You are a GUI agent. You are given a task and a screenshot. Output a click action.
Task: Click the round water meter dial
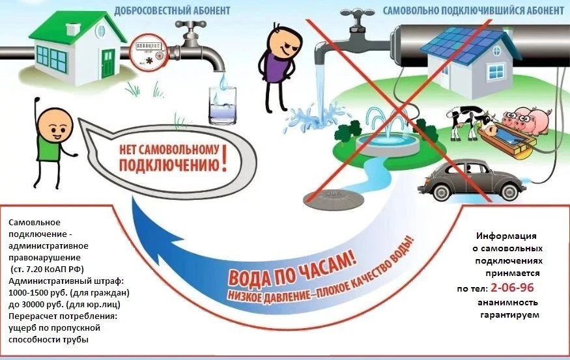[x=149, y=51]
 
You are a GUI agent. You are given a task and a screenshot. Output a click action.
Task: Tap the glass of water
[x=222, y=105]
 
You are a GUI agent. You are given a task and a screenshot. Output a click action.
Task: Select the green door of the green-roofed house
[x=107, y=64]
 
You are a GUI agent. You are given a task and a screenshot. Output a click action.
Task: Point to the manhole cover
[x=334, y=199]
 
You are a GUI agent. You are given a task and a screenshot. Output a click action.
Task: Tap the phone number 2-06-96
[x=512, y=288]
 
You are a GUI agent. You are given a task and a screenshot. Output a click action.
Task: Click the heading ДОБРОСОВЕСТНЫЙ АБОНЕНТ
[x=172, y=10]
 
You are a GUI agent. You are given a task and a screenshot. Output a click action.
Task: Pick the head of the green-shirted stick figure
[x=55, y=124]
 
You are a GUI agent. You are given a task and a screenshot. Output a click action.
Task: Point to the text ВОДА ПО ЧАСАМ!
[x=292, y=268]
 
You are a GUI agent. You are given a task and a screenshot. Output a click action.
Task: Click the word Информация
[x=506, y=236]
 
